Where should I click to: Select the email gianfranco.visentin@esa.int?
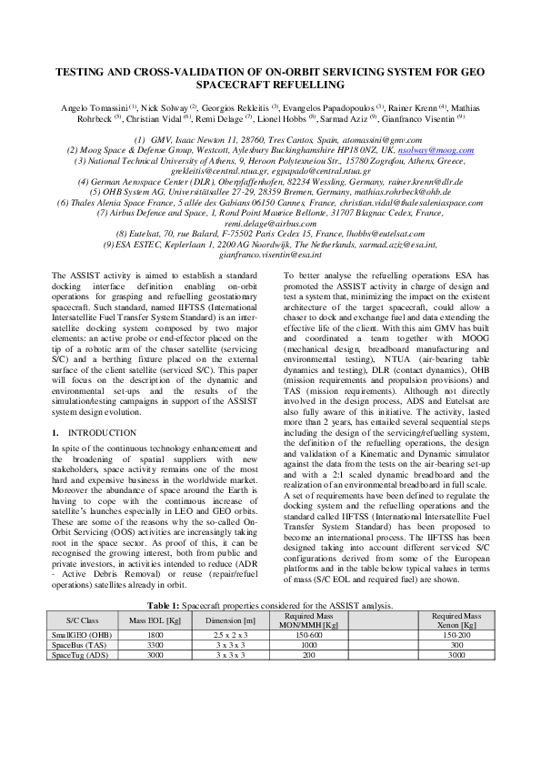coord(271,257)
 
